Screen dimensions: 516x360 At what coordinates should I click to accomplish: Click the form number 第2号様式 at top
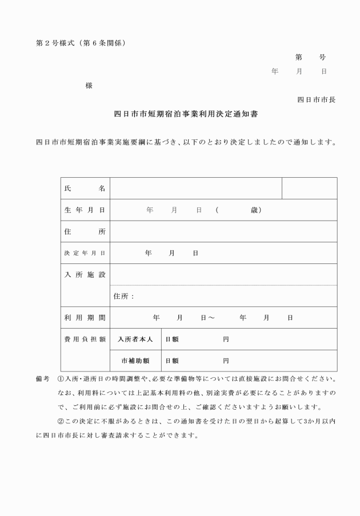[53, 43]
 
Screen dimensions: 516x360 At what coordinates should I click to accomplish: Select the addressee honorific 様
[89, 86]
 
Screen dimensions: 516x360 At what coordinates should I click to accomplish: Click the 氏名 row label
[85, 188]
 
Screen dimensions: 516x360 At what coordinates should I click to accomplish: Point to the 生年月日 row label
[85, 210]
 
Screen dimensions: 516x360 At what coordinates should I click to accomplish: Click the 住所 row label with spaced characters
[85, 231]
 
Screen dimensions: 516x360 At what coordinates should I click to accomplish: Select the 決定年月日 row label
[85, 253]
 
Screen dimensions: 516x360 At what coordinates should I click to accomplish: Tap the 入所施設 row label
[85, 275]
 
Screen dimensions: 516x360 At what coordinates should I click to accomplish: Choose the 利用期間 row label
[85, 317]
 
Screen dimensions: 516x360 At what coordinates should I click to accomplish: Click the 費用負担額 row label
[85, 339]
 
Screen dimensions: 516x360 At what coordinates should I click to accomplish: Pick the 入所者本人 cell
[135, 339]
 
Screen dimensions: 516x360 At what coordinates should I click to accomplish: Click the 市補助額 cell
[135, 361]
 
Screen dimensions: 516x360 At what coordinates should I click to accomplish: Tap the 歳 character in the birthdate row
[254, 210]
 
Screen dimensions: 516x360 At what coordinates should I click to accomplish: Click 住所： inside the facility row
[124, 296]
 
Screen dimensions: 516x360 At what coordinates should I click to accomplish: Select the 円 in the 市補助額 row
[226, 361]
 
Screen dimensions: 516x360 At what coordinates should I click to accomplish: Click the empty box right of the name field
[309, 188]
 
